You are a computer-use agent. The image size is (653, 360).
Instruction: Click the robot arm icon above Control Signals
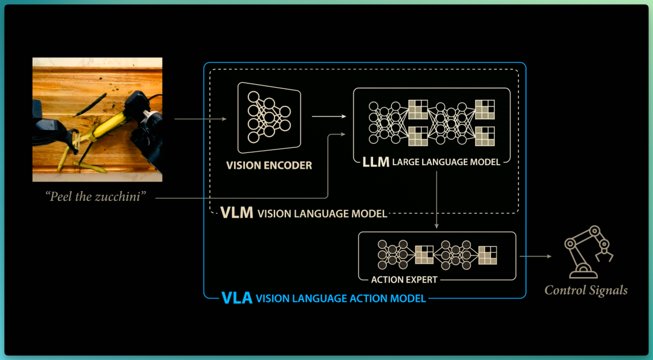[588, 252]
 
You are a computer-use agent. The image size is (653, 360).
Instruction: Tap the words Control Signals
[586, 290]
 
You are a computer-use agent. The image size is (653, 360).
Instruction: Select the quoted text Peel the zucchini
[96, 197]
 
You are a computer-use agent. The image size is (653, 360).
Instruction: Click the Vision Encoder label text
[269, 165]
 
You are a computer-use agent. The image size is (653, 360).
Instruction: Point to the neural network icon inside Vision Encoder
[269, 117]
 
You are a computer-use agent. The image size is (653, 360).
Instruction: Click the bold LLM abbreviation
[375, 162]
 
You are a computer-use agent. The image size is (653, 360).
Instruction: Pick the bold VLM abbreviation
[236, 212]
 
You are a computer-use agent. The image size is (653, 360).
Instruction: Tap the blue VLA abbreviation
[236, 298]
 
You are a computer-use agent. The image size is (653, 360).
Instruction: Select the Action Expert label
[404, 280]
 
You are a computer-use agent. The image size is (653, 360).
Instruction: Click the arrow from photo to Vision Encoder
[200, 119]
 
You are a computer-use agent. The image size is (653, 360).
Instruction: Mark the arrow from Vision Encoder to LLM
[329, 117]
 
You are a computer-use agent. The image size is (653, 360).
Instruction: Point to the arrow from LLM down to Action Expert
[437, 200]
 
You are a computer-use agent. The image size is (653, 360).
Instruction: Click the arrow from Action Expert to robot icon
[536, 257]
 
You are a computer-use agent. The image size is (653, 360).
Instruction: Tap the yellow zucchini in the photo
[106, 125]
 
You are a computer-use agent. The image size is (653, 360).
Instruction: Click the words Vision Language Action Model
[340, 299]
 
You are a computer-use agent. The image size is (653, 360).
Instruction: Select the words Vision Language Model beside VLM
[322, 214]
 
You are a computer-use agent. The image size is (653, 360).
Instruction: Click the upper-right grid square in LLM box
[485, 110]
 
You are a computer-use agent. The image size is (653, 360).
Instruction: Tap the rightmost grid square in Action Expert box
[488, 255]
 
